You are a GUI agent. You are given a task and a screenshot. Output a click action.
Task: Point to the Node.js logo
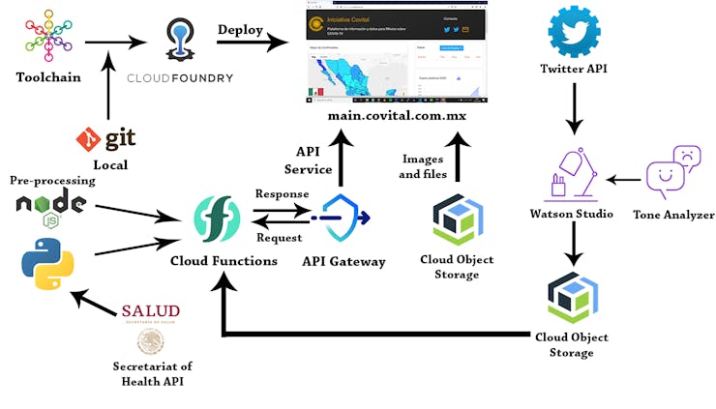(x=51, y=206)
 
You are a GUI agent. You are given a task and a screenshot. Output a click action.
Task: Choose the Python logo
(x=47, y=264)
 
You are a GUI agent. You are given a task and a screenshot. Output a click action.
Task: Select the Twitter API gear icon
(x=574, y=33)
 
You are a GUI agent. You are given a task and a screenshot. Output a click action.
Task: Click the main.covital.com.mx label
(x=397, y=115)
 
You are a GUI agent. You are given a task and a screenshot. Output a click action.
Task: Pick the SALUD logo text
(x=151, y=310)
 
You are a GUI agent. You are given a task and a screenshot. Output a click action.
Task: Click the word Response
(x=282, y=193)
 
